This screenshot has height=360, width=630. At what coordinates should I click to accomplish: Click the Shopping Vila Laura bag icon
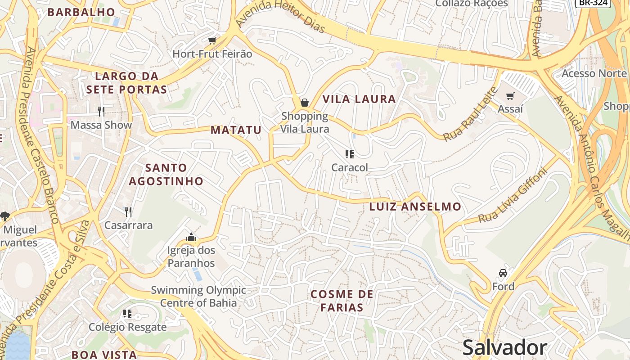[x=304, y=103]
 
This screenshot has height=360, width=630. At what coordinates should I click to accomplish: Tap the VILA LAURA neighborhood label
[x=359, y=99]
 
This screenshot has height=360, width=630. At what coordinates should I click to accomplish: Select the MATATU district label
[x=236, y=130]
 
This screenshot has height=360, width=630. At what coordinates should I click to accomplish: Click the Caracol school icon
[x=350, y=155]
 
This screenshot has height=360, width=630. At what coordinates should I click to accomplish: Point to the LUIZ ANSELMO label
[x=415, y=207]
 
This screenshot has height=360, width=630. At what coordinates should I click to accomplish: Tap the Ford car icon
[x=503, y=273]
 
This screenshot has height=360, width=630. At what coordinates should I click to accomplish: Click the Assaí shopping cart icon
[x=510, y=96]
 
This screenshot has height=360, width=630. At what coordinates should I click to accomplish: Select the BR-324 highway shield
[x=593, y=3]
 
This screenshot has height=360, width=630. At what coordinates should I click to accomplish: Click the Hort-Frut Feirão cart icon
[x=212, y=41]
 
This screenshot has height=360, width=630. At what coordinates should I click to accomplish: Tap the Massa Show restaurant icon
[x=101, y=111]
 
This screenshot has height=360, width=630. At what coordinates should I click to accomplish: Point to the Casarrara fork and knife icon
[x=128, y=211]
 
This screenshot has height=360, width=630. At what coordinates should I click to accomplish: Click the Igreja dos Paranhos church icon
[x=191, y=237]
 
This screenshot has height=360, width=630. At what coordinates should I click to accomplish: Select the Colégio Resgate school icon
[x=127, y=313]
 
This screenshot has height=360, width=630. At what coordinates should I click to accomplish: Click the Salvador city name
[x=504, y=348]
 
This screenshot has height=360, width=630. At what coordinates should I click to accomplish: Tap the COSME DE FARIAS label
[x=342, y=301]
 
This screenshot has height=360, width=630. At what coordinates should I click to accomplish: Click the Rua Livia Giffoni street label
[x=512, y=196]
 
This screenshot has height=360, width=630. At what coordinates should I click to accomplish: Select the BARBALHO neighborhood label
[x=82, y=12]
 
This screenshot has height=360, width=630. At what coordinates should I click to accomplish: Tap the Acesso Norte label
[x=594, y=73]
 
